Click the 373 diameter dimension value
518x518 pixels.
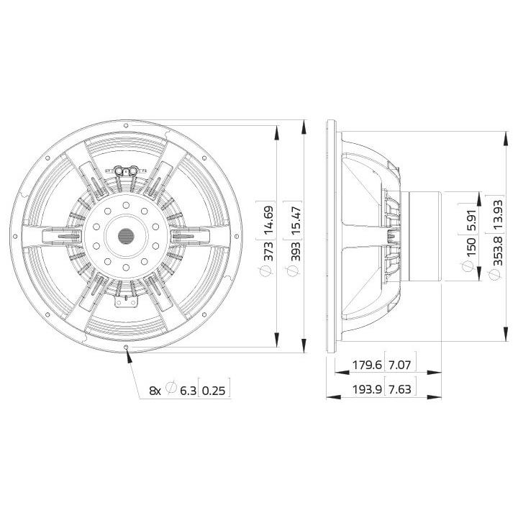click(269, 251)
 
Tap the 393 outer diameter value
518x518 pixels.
click(296, 251)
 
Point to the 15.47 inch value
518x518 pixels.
click(296, 221)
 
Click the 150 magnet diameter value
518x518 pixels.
click(471, 246)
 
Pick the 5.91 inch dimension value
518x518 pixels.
click(471, 219)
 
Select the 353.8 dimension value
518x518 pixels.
click(497, 251)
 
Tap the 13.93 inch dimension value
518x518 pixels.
click(497, 215)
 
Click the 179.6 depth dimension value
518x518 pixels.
click(367, 365)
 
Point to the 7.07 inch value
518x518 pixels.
click(399, 365)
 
